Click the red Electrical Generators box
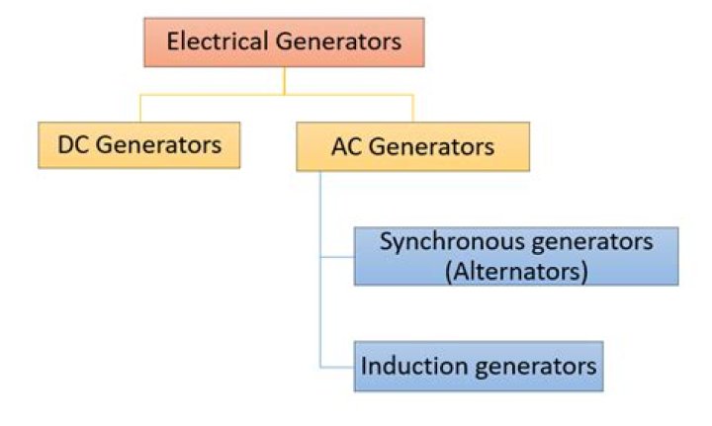[284, 43]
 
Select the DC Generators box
[138, 145]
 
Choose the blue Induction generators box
[479, 367]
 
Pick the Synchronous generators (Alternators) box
[515, 256]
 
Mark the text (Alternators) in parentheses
[515, 271]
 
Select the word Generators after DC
[160, 145]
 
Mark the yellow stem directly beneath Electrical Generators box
[284, 81]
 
